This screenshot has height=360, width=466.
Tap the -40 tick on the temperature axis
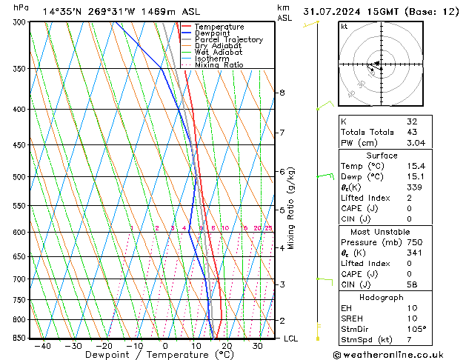tap(43, 346)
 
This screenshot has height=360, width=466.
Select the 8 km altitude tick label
tap(282, 93)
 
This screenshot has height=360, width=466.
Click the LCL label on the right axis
tap(291, 339)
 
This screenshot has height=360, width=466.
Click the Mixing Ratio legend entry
tap(219, 65)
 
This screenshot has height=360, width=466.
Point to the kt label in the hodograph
tap(344, 27)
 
